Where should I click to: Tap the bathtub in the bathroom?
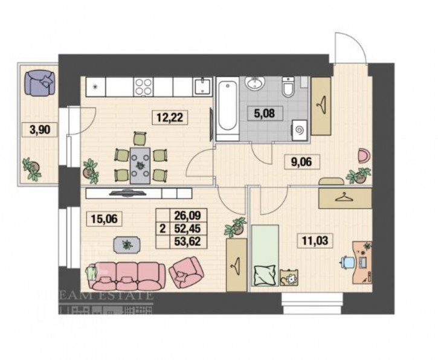click(x=227, y=109)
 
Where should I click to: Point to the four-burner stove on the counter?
click(x=144, y=88)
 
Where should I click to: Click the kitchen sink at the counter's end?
click(x=202, y=88)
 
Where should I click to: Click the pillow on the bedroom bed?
click(x=264, y=275)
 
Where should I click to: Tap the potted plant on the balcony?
click(x=31, y=169)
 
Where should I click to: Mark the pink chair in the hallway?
click(x=364, y=155)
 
